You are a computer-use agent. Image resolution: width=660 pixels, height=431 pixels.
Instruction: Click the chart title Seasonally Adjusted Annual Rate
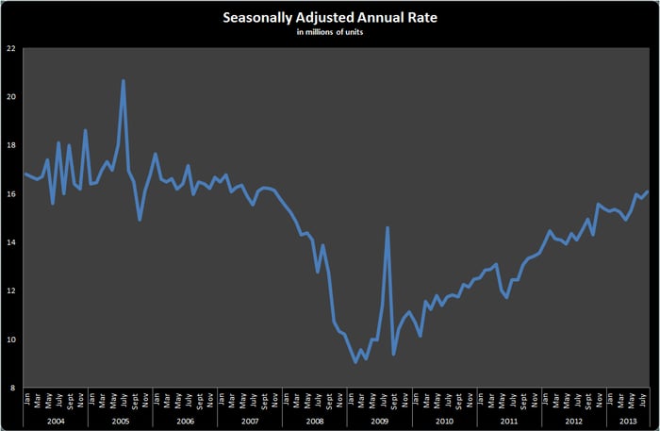330,18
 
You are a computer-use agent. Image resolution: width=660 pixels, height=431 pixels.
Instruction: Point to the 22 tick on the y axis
10,48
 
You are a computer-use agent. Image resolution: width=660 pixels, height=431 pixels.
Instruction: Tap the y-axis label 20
10,97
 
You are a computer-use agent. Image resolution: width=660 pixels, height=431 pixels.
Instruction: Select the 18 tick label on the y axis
10,145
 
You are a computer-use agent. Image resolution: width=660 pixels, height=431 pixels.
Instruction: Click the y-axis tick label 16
10,194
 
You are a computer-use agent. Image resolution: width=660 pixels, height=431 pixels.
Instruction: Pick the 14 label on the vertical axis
10,242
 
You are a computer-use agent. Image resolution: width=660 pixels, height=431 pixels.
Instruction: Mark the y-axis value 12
10,290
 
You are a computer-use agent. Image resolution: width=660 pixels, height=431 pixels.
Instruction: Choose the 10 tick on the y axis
10,340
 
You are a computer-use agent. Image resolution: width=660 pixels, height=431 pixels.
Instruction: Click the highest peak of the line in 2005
124,81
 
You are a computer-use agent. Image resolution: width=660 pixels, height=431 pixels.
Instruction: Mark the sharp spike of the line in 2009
388,227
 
